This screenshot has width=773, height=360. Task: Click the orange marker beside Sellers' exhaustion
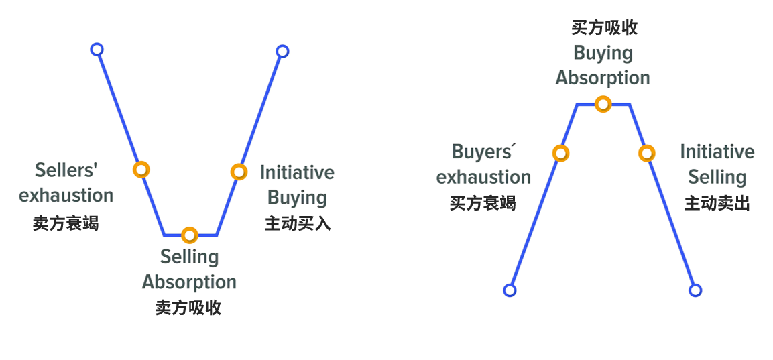click(140, 169)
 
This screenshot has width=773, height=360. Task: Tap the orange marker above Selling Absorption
click(190, 235)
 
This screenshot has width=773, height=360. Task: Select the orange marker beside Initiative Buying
click(239, 172)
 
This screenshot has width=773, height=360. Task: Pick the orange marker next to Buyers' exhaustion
click(560, 153)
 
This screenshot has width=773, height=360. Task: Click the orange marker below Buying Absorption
click(603, 104)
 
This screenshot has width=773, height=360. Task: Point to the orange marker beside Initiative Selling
click(646, 153)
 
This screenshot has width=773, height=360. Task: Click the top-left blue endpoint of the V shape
click(97, 49)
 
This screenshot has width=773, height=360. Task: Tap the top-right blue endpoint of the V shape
click(282, 51)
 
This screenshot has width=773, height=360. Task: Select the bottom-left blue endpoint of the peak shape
click(510, 290)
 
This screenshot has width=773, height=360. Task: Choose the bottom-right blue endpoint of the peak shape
click(695, 290)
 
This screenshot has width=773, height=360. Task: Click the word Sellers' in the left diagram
click(66, 170)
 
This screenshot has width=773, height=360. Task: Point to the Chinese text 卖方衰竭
click(66, 223)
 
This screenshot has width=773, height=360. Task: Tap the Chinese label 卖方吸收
click(188, 308)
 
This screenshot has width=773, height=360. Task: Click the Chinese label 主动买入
click(298, 223)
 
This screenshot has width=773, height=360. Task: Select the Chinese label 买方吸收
click(604, 27)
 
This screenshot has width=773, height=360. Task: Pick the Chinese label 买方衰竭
click(483, 202)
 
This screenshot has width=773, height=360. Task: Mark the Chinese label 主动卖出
click(717, 202)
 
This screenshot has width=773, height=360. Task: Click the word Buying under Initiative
click(298, 198)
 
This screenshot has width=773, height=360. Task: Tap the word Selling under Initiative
click(717, 178)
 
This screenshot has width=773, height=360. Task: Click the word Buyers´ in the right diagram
click(482, 152)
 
